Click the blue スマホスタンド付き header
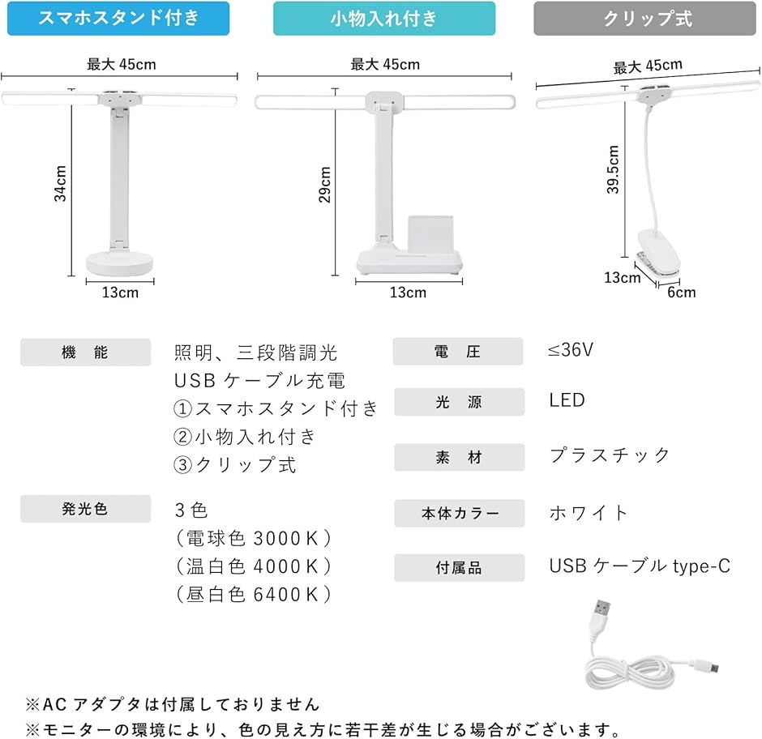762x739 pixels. click(x=118, y=18)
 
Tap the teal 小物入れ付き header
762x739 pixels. click(x=383, y=19)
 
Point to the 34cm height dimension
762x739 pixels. click(x=61, y=184)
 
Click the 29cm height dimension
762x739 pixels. click(x=325, y=185)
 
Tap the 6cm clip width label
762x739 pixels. click(x=681, y=292)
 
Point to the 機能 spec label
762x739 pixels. click(x=85, y=352)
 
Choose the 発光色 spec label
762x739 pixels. click(x=85, y=509)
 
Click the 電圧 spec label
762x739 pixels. click(x=458, y=352)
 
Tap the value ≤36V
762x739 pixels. click(x=571, y=350)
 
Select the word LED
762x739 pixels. click(x=567, y=400)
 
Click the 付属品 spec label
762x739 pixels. click(x=459, y=568)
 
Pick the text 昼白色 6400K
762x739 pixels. click(x=253, y=594)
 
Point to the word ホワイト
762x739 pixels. click(x=589, y=512)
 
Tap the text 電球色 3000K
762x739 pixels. click(x=253, y=538)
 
